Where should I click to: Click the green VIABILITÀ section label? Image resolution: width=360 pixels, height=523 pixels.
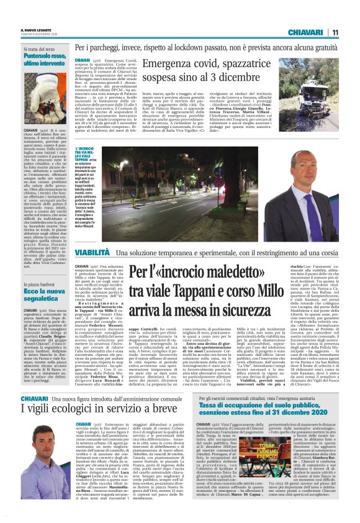pos(92,254)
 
